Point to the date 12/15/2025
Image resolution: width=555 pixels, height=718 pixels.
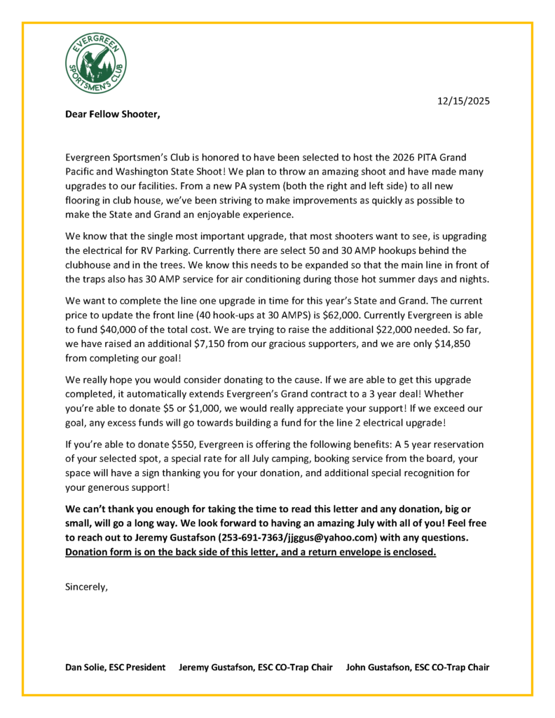coord(463,101)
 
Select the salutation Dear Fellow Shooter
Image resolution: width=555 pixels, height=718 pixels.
coord(112,114)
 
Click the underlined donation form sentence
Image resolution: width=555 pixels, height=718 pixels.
coord(250,552)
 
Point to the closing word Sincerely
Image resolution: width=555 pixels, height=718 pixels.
coord(86,586)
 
